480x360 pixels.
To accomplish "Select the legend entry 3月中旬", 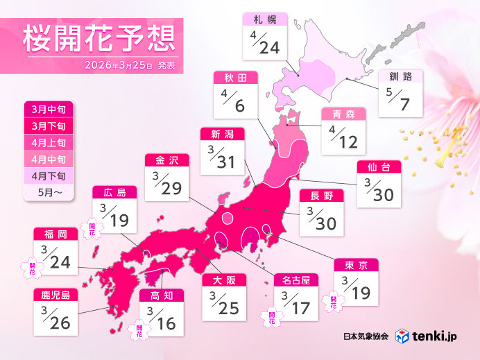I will pos(47,110).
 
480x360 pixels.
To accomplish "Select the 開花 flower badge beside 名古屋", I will pos(268,317).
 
